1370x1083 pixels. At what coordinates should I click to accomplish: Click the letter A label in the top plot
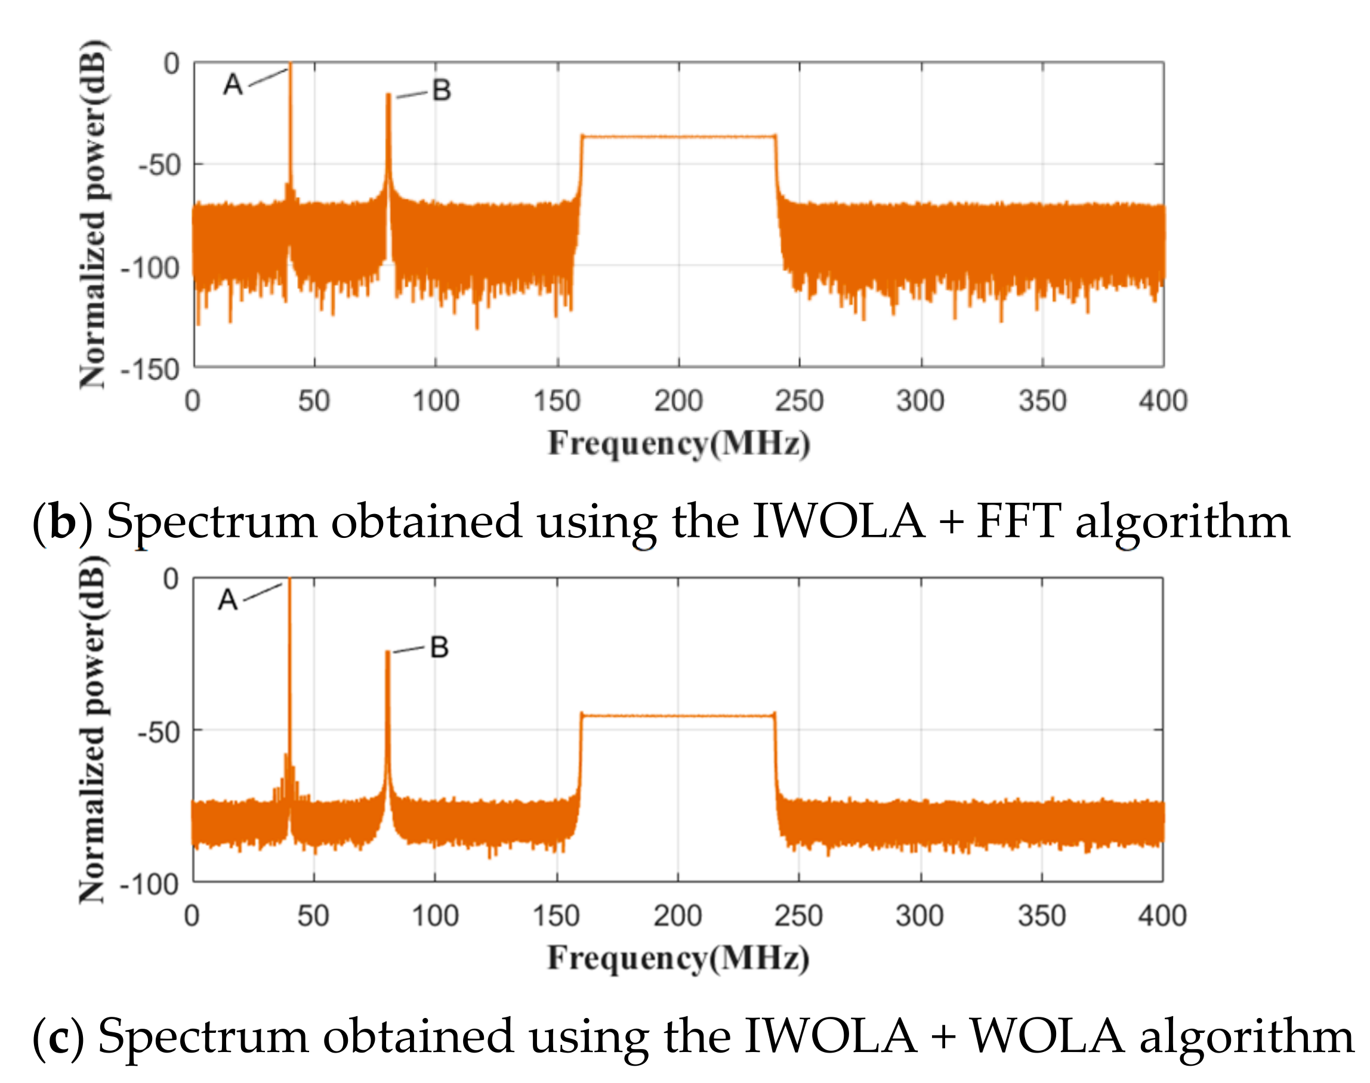click(x=233, y=84)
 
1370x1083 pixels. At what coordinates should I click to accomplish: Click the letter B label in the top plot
click(x=442, y=91)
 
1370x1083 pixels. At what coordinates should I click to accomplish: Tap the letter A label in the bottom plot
click(x=227, y=600)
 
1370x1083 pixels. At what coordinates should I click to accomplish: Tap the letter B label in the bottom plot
click(x=439, y=648)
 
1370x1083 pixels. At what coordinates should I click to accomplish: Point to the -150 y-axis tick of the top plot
click(x=150, y=370)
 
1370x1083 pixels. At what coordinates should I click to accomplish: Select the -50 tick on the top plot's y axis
click(x=159, y=166)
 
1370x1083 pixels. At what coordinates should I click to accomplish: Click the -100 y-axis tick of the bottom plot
click(x=150, y=884)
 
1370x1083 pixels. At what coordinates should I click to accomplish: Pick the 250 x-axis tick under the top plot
click(x=798, y=401)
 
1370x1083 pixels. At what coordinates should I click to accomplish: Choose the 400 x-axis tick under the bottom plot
click(x=1162, y=916)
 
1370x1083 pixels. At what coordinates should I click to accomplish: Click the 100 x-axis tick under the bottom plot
click(x=435, y=916)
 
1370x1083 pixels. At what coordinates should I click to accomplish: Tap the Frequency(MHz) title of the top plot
click(x=678, y=443)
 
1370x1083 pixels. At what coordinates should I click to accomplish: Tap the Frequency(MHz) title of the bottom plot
click(x=678, y=958)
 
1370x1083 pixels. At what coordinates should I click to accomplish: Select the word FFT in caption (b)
click(x=1017, y=522)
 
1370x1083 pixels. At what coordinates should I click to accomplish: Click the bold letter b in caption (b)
click(x=63, y=522)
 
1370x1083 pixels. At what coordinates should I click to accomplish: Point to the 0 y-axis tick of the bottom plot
click(x=171, y=579)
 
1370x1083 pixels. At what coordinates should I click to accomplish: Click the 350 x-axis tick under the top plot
click(x=1042, y=401)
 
